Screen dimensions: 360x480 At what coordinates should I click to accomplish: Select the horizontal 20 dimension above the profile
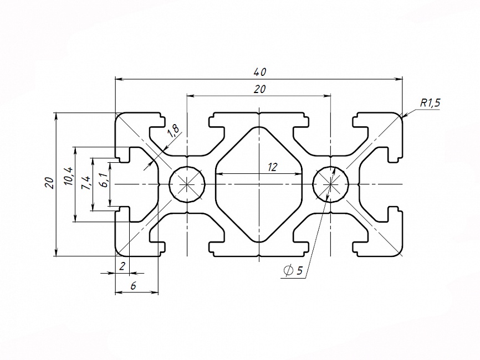(x=259, y=89)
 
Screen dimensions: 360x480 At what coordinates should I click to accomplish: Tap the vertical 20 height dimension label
(x=49, y=183)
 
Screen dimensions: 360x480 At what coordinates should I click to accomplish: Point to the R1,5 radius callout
(x=430, y=102)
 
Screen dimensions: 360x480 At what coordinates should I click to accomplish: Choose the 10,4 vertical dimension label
(x=68, y=176)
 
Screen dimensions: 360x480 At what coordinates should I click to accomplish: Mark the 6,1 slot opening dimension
(x=103, y=180)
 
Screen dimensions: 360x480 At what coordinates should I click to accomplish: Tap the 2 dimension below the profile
(x=122, y=266)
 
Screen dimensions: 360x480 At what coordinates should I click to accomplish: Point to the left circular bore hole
(x=187, y=184)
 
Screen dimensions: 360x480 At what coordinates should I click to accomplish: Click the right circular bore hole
(x=331, y=184)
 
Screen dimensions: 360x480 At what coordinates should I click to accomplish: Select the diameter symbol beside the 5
(x=288, y=271)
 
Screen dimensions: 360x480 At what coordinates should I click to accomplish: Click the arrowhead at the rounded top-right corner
(x=405, y=115)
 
